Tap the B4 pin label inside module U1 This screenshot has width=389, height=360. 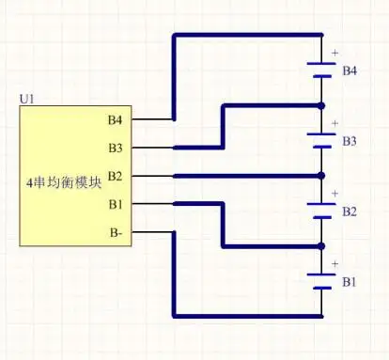pos(116,119)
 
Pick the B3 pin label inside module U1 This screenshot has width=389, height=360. pos(116,148)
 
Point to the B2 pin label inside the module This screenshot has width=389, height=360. pos(116,176)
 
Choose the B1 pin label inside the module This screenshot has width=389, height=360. pos(116,203)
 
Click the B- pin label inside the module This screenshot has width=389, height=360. pos(116,231)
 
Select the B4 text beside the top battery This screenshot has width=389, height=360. pos(350,70)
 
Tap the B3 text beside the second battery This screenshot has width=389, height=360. pos(350,141)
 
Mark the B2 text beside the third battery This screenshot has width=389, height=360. pos(350,211)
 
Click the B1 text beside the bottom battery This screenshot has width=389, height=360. pos(350,282)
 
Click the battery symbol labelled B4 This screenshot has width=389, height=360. pos(322,70)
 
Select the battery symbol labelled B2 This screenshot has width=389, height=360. pos(322,211)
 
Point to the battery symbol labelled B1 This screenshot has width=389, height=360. pos(322,281)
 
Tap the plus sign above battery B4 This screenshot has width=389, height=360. pos(335,53)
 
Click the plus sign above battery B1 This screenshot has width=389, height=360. pos(335,264)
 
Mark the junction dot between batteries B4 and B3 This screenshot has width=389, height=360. pos(322,105)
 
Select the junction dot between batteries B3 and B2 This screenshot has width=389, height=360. pos(322,176)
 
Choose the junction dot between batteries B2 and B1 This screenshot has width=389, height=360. pos(322,246)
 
